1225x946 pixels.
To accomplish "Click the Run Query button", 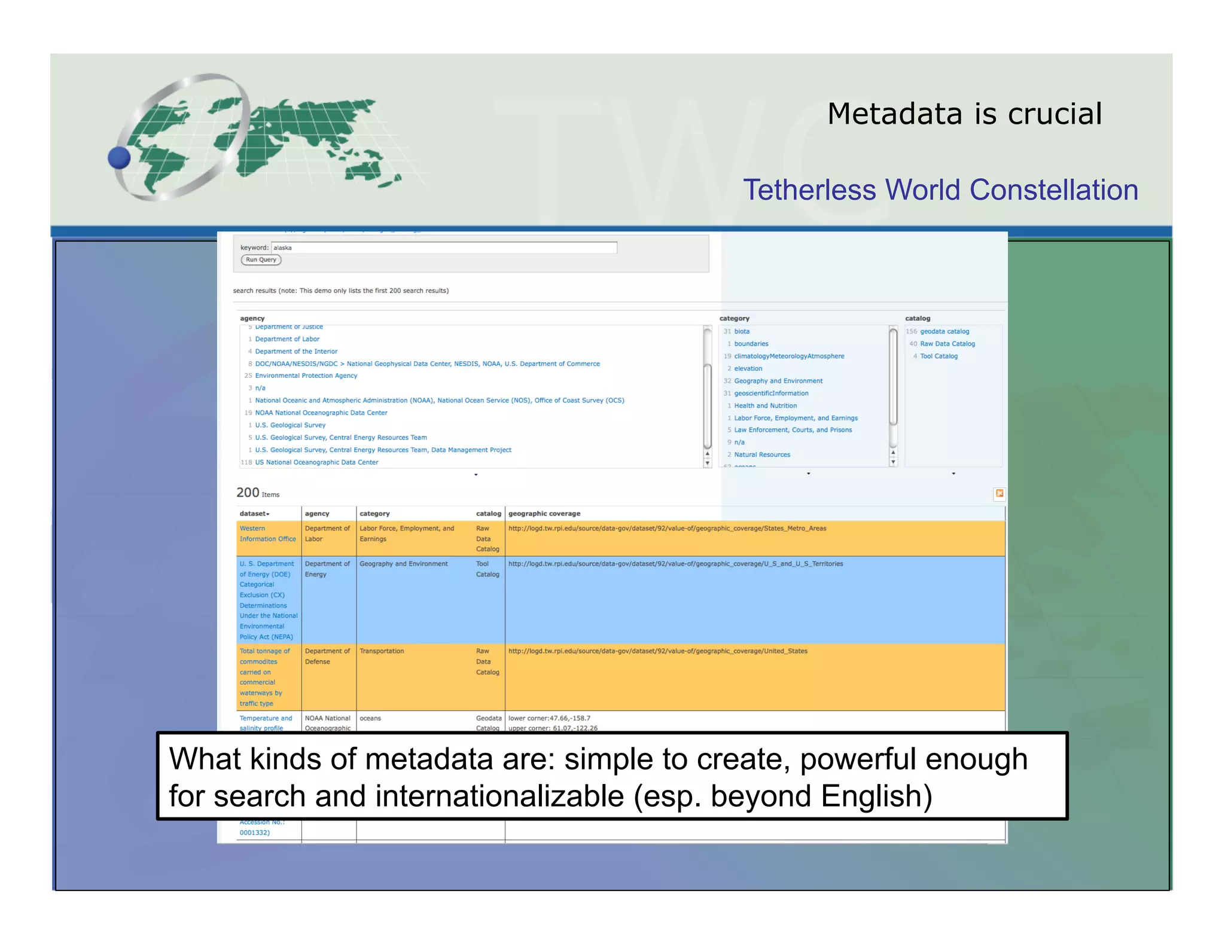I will click(261, 260).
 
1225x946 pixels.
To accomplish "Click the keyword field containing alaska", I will click(444, 248).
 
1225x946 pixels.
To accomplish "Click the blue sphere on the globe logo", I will click(119, 158).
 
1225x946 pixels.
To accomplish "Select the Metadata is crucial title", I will click(964, 114).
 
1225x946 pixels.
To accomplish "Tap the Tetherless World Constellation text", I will click(940, 190).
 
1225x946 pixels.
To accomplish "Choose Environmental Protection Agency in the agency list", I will click(306, 376).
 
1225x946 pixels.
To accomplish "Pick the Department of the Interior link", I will click(296, 352).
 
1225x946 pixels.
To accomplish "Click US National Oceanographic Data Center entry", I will click(316, 462).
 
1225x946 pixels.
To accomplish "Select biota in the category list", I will click(742, 331).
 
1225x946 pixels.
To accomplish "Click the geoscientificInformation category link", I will click(771, 393).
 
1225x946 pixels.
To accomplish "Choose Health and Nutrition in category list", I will click(765, 405).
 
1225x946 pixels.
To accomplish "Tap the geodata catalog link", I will click(944, 331).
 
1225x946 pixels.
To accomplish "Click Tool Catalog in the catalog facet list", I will click(938, 356).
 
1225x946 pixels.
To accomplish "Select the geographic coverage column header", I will click(544, 514).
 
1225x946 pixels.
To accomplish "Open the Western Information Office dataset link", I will click(267, 533).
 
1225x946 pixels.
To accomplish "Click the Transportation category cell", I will click(382, 651).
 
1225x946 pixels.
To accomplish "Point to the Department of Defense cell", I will click(327, 656).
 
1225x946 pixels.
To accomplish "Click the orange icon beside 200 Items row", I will click(999, 493).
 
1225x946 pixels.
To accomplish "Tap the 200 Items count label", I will click(257, 493).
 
